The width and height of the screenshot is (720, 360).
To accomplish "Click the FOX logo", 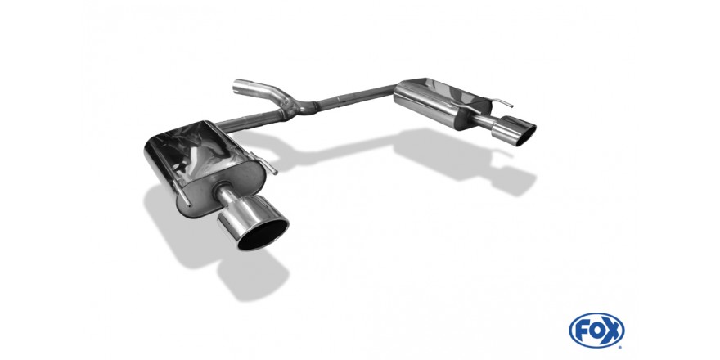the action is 596,331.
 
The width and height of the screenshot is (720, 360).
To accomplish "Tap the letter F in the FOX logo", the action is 582,331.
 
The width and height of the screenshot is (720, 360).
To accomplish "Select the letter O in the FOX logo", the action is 596,331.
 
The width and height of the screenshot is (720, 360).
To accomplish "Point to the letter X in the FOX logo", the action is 612,331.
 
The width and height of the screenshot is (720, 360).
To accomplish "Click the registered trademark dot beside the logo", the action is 621,347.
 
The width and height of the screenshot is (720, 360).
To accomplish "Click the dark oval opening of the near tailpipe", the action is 263,234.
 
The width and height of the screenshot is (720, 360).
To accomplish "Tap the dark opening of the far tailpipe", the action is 526,136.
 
